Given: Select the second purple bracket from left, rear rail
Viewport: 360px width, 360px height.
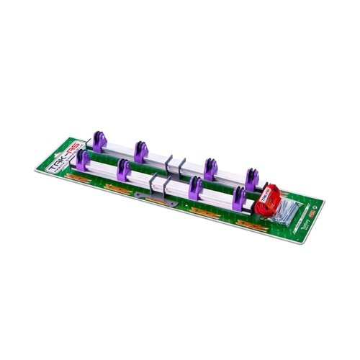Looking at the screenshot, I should click(x=140, y=150).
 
